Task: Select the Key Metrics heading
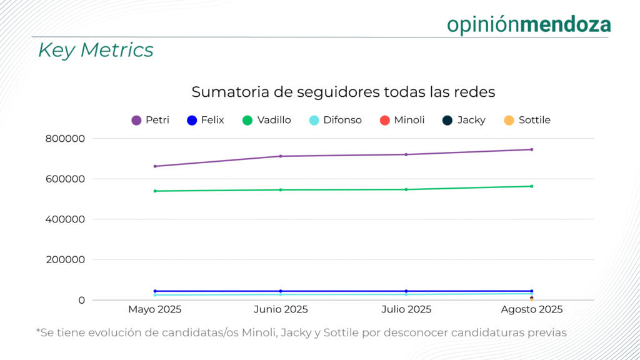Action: click(x=96, y=50)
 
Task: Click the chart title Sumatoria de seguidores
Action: click(x=343, y=92)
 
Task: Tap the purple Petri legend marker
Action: click(x=136, y=121)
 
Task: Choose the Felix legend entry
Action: click(x=205, y=120)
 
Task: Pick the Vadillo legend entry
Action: click(x=266, y=120)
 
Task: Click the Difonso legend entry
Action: click(x=335, y=120)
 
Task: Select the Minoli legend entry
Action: click(x=402, y=120)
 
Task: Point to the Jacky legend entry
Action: click(x=464, y=120)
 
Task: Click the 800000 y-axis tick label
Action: click(x=65, y=139)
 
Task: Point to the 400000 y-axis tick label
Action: click(x=65, y=219)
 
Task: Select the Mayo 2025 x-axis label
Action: click(x=155, y=309)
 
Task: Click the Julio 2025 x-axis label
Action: click(x=406, y=309)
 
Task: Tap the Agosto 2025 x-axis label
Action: click(x=532, y=309)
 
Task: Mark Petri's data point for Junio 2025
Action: click(x=281, y=156)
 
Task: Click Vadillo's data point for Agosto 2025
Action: click(x=531, y=186)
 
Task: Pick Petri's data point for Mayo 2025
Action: click(x=155, y=166)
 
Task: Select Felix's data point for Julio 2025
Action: click(x=406, y=291)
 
